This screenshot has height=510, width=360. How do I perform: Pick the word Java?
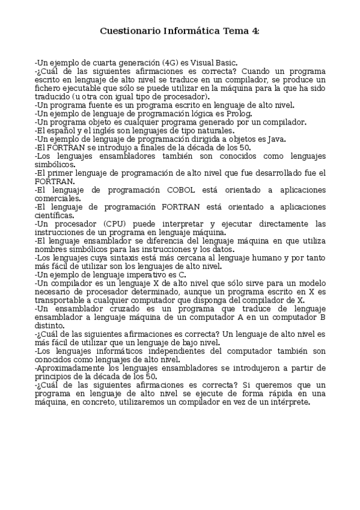click(x=277, y=139)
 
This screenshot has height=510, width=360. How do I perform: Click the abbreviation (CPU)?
click(x=112, y=224)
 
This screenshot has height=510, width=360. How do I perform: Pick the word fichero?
click(x=49, y=87)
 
